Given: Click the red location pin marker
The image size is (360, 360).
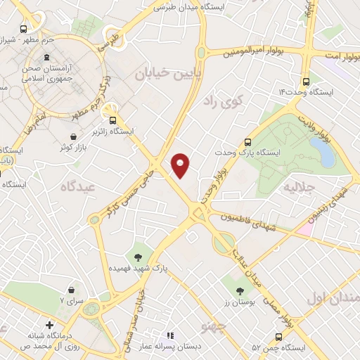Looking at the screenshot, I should tap(181, 165).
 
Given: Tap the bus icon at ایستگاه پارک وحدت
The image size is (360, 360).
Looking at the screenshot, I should tap(247, 141).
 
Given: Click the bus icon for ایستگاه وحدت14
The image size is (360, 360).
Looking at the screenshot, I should tap(306, 81).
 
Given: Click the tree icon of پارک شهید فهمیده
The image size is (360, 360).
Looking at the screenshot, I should tap(138, 257).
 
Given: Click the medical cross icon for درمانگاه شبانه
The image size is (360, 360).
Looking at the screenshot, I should tap(49, 326).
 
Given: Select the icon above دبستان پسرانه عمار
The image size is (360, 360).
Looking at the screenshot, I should tap(169, 335).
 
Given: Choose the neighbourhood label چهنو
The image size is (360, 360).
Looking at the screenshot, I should tap(212, 326).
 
